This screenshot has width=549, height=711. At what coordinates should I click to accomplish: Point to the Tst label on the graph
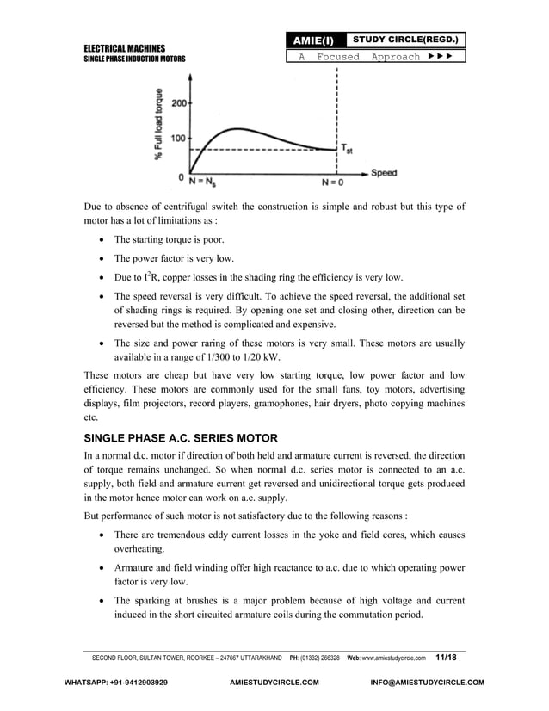point(345,149)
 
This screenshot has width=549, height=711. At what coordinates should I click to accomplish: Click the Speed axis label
point(384,173)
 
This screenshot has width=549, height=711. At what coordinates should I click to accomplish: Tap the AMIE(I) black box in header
point(315,40)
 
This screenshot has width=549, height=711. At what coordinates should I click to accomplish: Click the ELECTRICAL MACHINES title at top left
point(124,48)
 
